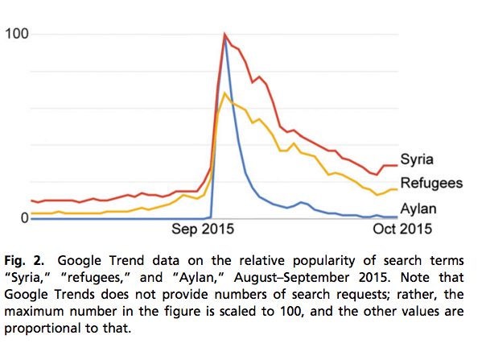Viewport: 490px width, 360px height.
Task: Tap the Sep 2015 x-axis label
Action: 199,230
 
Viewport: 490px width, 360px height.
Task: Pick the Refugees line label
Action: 431,183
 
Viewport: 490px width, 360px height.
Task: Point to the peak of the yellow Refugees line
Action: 225,93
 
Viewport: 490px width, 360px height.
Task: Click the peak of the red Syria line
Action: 225,34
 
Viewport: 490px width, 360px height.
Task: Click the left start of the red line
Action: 31,200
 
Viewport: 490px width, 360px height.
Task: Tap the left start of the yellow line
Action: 31,213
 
